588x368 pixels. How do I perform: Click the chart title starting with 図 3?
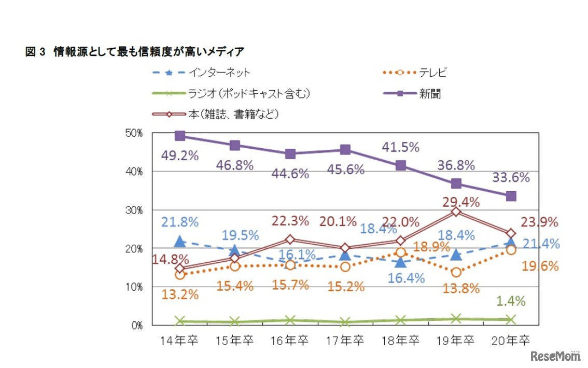(x=135, y=52)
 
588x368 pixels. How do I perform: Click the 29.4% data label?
(x=460, y=202)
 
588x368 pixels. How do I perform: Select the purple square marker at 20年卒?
(x=511, y=196)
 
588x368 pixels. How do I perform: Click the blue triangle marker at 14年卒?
(x=180, y=241)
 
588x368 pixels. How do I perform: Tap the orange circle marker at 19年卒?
(x=456, y=272)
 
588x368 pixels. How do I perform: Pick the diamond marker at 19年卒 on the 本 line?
(x=456, y=211)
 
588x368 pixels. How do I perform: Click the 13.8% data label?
(x=460, y=289)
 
